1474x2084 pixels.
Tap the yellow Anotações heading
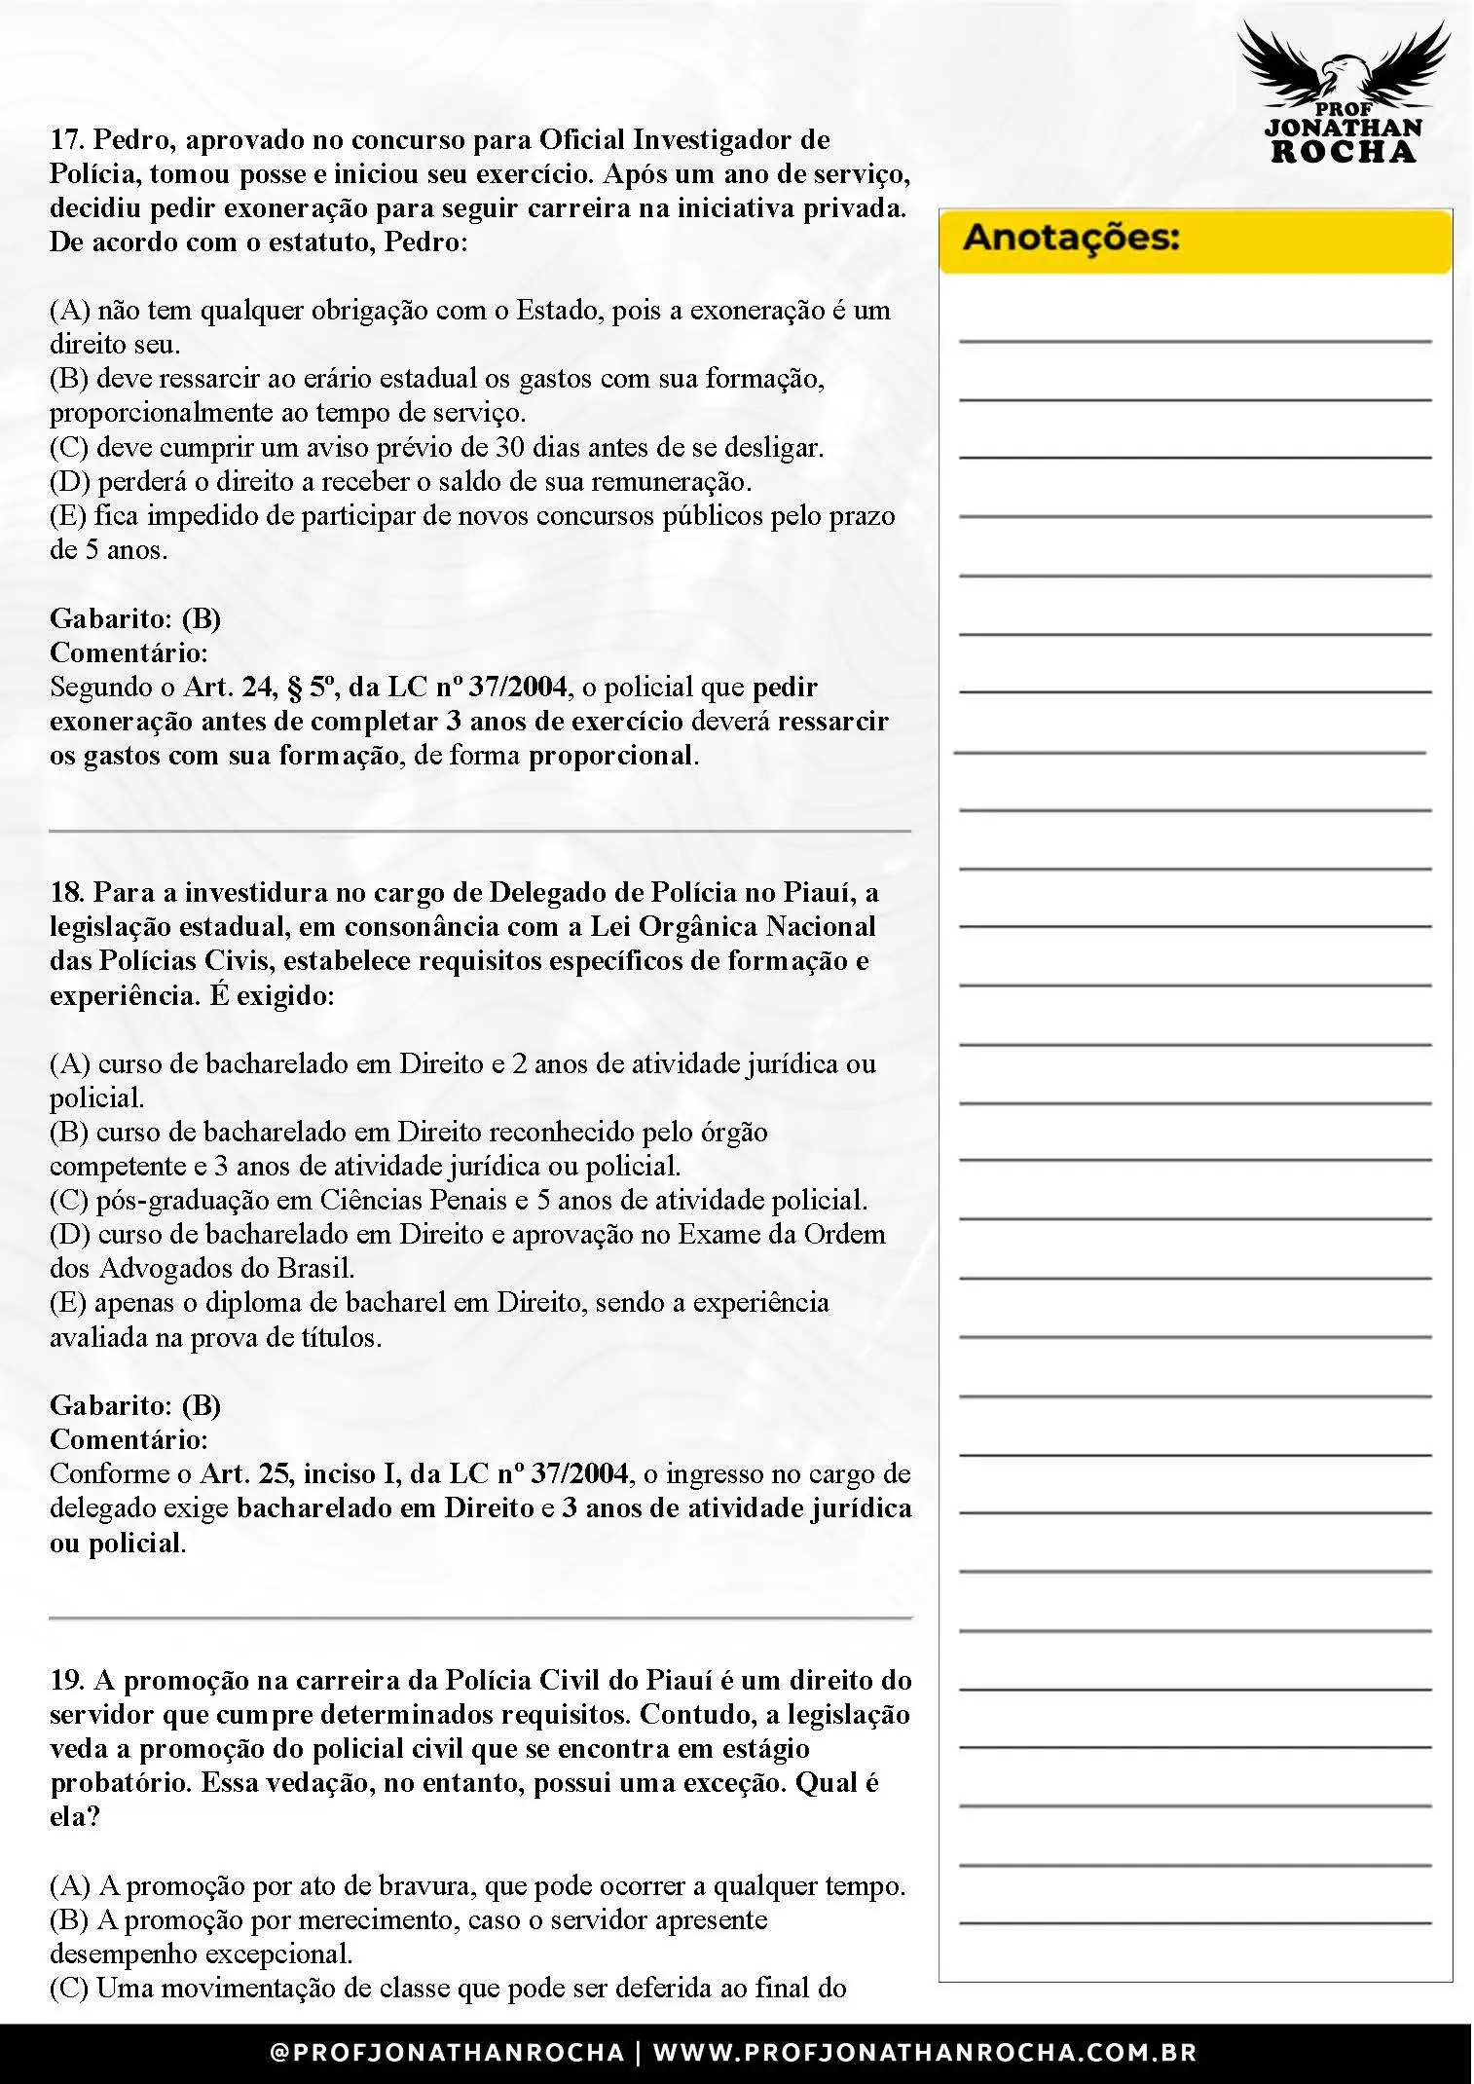(x=1071, y=239)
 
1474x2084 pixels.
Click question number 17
(x=66, y=140)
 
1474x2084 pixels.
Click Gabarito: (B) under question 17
(x=135, y=618)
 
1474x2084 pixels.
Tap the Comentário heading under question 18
(x=129, y=1439)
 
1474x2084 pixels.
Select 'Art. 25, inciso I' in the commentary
(x=300, y=1473)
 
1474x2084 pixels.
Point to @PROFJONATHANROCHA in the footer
(x=447, y=2053)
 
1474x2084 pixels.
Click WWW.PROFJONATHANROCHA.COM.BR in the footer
(x=924, y=2053)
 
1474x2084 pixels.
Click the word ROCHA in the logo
(x=1344, y=151)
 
